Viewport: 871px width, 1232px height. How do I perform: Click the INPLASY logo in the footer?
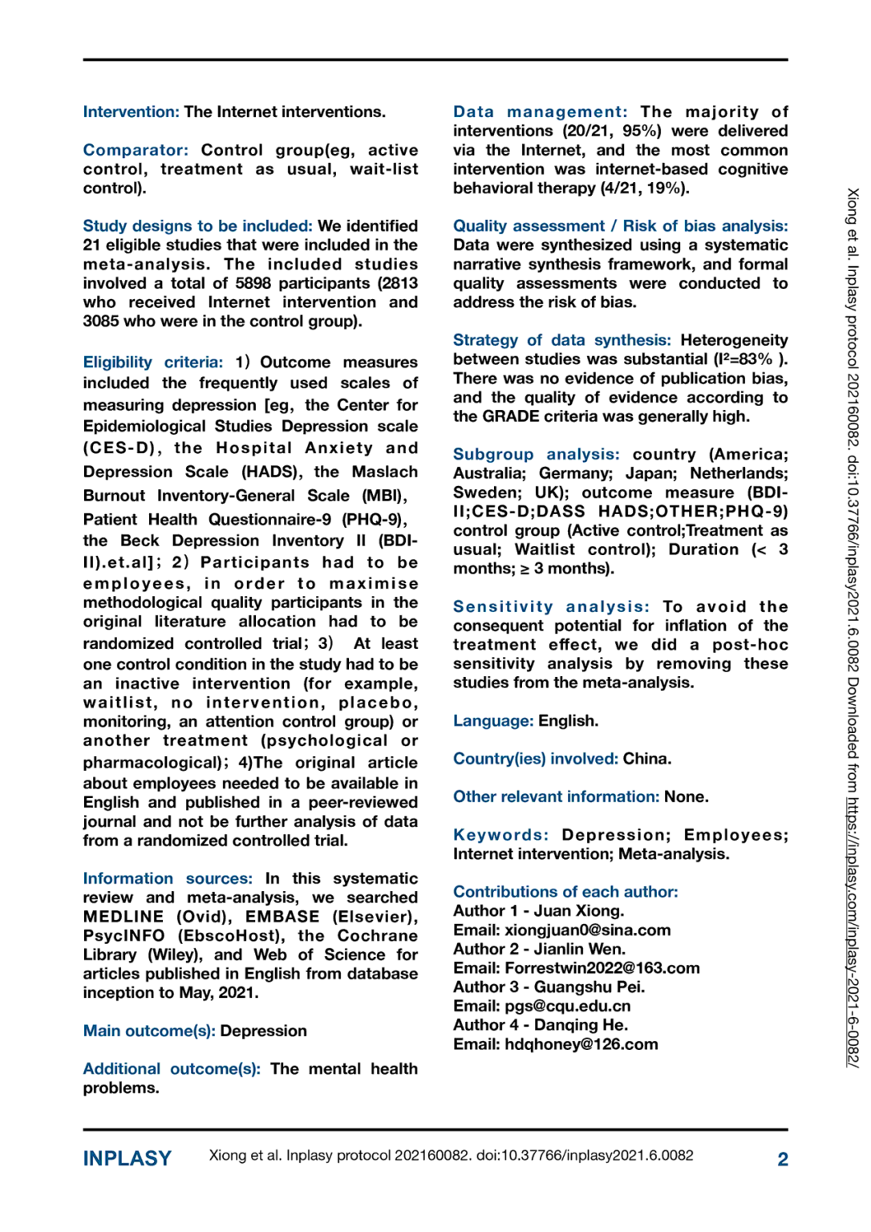click(x=127, y=1158)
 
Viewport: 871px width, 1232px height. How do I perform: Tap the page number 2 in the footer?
click(x=782, y=1159)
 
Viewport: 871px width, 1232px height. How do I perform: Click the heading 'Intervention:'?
click(x=131, y=112)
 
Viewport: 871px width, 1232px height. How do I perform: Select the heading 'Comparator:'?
click(x=136, y=150)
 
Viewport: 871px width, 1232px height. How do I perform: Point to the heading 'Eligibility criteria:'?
click(x=152, y=363)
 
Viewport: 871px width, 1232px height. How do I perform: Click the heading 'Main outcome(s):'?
click(x=149, y=1031)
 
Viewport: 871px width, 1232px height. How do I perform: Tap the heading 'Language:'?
click(x=492, y=721)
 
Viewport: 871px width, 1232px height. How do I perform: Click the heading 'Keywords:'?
click(x=500, y=835)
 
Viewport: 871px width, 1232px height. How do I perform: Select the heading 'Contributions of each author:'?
click(x=565, y=892)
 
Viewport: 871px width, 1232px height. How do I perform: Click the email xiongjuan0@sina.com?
click(x=587, y=930)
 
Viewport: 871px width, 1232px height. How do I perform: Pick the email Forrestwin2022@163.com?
click(x=602, y=968)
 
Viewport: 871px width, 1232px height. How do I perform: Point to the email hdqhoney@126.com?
click(x=581, y=1044)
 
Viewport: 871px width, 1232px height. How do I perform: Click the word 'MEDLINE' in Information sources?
click(x=123, y=917)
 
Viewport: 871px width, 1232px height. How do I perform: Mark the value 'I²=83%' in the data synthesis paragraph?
click(x=743, y=359)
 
